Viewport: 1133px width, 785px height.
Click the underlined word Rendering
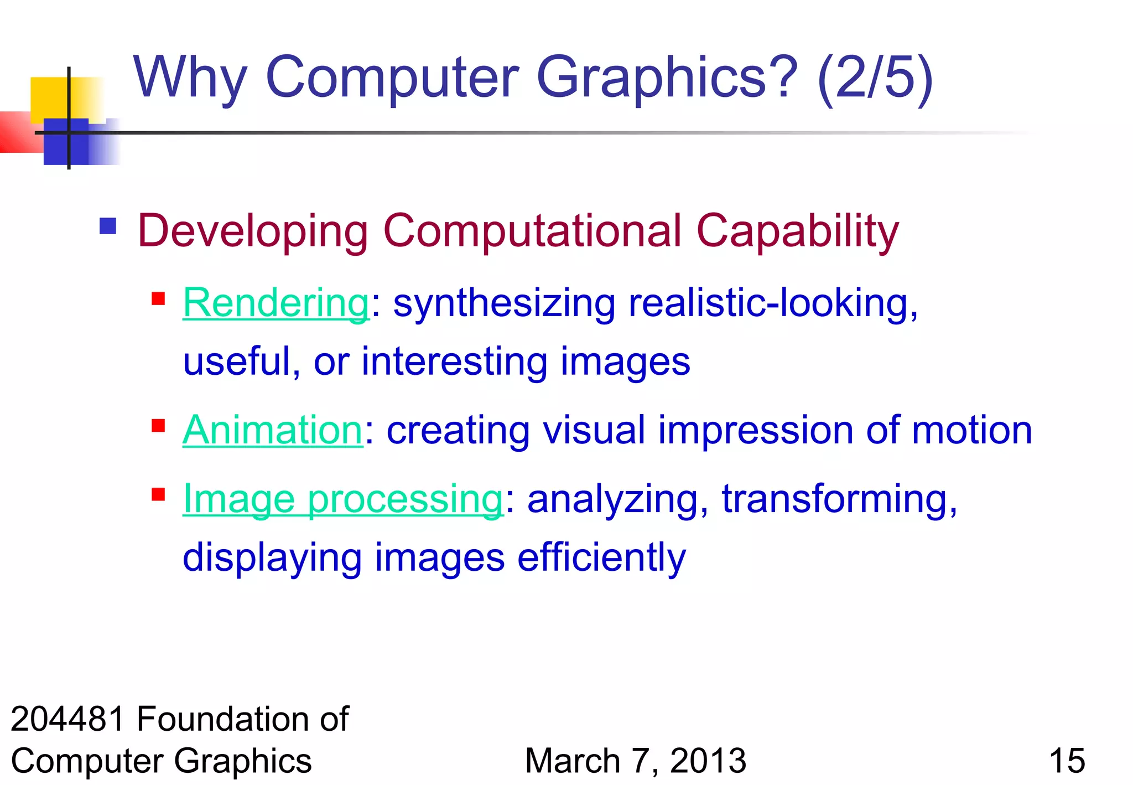pos(276,304)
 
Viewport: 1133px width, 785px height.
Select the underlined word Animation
pos(272,430)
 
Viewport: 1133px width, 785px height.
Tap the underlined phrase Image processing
pos(342,499)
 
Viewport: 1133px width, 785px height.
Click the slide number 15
pos(1067,761)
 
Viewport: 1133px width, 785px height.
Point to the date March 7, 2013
pos(635,761)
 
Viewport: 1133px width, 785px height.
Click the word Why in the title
pos(190,79)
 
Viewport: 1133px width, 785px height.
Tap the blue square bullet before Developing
pos(108,226)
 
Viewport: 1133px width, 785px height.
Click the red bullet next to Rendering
pos(159,299)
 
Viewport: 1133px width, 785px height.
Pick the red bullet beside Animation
pos(159,426)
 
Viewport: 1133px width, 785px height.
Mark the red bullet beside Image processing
pos(159,494)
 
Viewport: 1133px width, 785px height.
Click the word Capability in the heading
pos(797,231)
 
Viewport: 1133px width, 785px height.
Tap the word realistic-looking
pos(772,304)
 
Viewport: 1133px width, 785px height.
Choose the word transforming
pos(839,499)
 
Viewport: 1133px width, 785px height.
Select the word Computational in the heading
pos(532,231)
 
